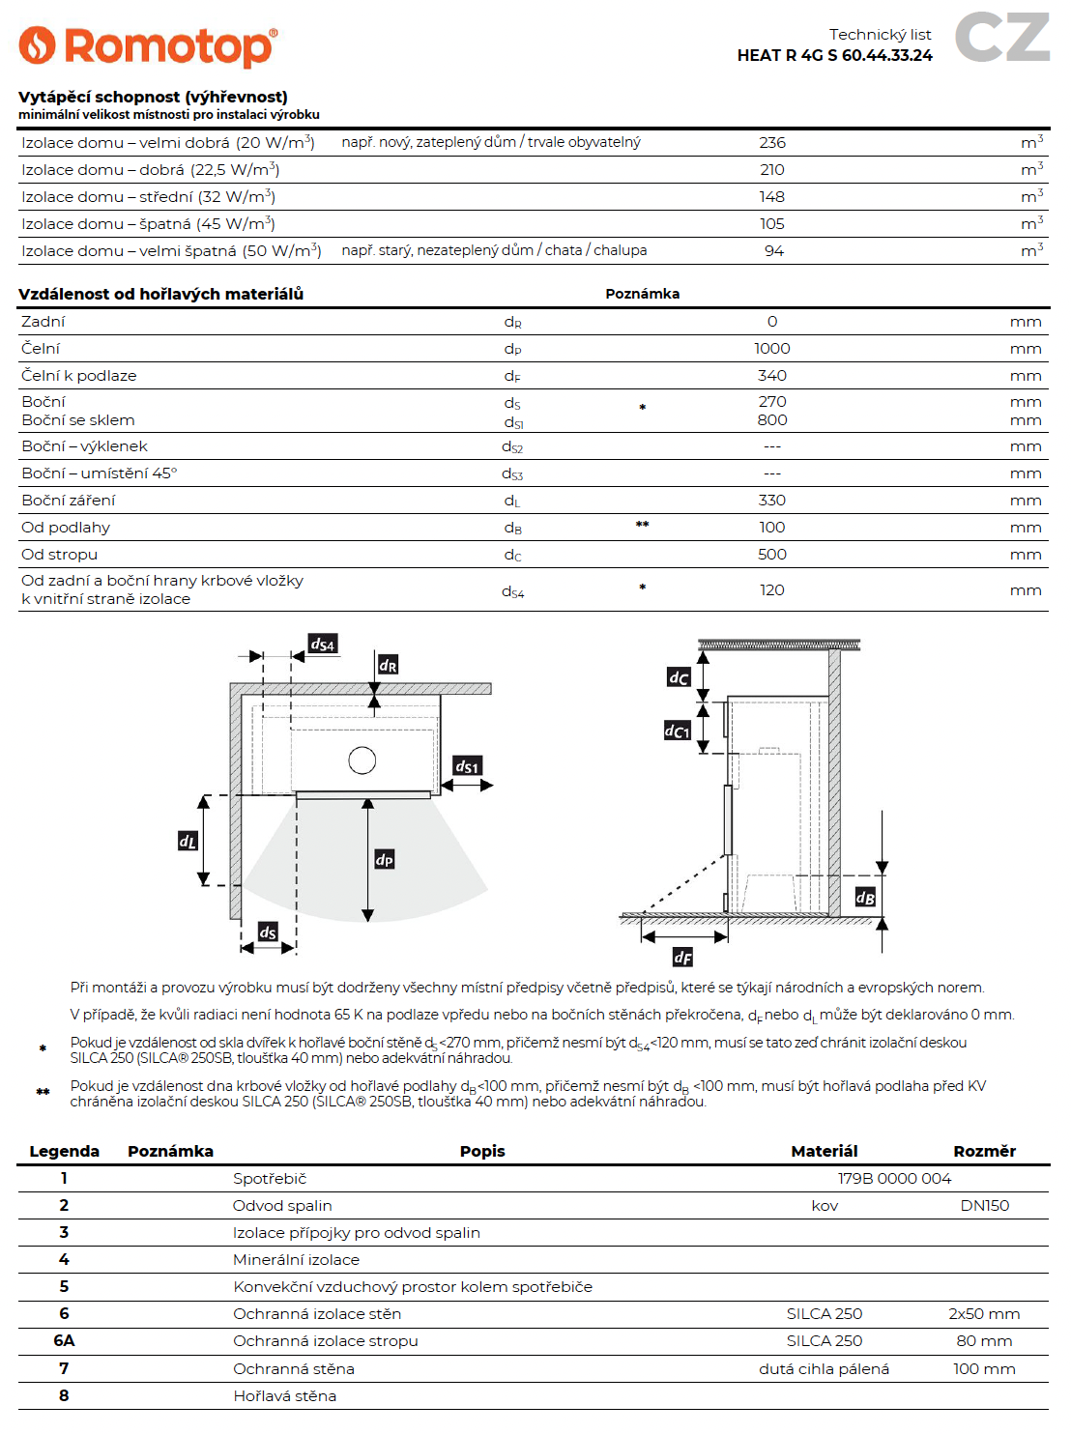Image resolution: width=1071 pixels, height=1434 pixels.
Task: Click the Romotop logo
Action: click(148, 45)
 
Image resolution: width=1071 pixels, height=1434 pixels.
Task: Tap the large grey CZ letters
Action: click(1002, 38)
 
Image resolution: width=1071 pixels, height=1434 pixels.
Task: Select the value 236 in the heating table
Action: click(772, 142)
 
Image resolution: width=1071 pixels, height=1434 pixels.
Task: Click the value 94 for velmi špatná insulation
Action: click(774, 250)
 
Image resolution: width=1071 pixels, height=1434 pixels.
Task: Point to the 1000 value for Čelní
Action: click(772, 348)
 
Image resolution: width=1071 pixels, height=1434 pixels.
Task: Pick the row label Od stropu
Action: click(60, 554)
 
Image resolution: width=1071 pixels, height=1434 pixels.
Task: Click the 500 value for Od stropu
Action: click(772, 554)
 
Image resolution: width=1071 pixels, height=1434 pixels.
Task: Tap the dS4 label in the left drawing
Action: click(322, 645)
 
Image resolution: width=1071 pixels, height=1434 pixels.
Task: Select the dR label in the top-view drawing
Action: click(388, 665)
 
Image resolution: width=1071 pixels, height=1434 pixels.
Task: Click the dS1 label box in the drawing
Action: click(467, 766)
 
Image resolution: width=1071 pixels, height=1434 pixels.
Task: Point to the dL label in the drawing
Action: click(188, 841)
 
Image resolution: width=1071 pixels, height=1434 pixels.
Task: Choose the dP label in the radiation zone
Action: click(385, 859)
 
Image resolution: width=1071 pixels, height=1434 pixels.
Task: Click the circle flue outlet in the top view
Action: click(362, 760)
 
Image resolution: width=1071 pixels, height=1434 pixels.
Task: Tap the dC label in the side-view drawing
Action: click(679, 677)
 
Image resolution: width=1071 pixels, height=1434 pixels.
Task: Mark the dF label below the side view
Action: click(682, 957)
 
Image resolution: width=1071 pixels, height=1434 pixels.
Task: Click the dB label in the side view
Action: click(865, 898)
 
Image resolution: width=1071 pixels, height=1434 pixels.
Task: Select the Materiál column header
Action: click(824, 1151)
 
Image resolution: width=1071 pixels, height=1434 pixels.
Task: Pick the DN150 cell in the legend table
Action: click(984, 1205)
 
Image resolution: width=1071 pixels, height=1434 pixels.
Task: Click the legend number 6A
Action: click(64, 1340)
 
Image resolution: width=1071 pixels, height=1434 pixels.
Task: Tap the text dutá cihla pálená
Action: click(824, 1368)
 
